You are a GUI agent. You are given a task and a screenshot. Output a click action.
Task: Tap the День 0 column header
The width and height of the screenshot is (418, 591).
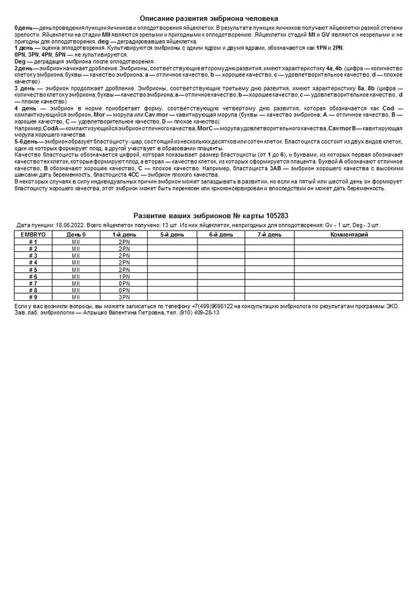76,235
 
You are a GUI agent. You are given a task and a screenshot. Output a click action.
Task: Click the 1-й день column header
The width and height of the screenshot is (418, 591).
124,235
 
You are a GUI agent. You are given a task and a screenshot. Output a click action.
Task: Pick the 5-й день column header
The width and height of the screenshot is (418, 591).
172,235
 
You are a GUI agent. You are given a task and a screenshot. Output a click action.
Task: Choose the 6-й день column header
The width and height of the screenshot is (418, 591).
221,235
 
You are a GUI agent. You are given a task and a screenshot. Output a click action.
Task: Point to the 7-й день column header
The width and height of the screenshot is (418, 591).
269,235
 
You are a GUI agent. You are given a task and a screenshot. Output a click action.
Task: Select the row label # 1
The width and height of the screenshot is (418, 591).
33,242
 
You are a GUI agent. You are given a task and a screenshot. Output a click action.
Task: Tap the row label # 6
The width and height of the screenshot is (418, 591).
33,276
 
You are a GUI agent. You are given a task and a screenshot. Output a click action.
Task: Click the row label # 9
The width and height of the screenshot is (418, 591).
33,297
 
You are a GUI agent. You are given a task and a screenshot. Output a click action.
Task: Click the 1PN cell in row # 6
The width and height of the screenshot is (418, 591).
124,276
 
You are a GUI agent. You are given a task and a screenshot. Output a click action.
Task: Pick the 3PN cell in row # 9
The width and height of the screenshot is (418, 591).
124,297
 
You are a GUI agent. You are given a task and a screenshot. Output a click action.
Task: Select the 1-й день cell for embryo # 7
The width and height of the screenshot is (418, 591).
124,283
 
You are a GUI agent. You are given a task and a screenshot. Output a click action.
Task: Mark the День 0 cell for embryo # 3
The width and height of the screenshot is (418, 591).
76,255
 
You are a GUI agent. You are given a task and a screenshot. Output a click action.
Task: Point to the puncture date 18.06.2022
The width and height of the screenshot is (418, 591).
70,226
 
